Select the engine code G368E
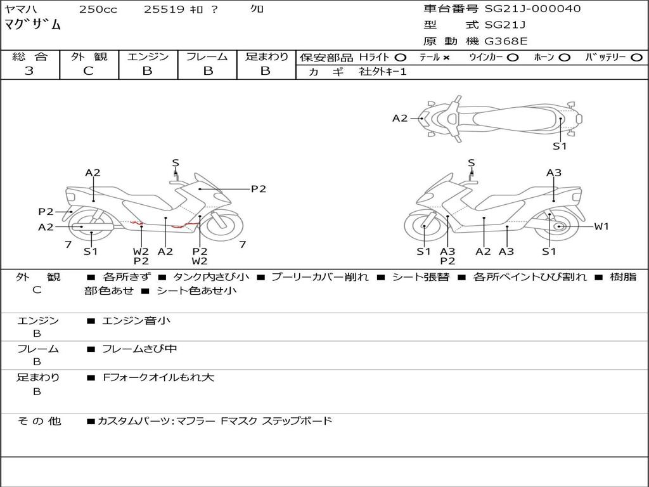tap(505, 42)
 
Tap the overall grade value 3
tap(29, 71)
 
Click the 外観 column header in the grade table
tap(89, 56)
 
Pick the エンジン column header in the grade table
tap(148, 56)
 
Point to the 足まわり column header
tap(266, 56)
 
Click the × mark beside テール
tap(446, 58)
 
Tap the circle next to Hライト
tap(400, 58)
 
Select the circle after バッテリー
tap(636, 58)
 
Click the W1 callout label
tap(601, 226)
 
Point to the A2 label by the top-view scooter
tap(400, 118)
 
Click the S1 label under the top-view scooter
tap(560, 146)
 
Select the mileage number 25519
tap(164, 10)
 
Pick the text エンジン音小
tap(136, 321)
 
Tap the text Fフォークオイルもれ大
tap(158, 377)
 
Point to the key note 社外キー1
tap(383, 72)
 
